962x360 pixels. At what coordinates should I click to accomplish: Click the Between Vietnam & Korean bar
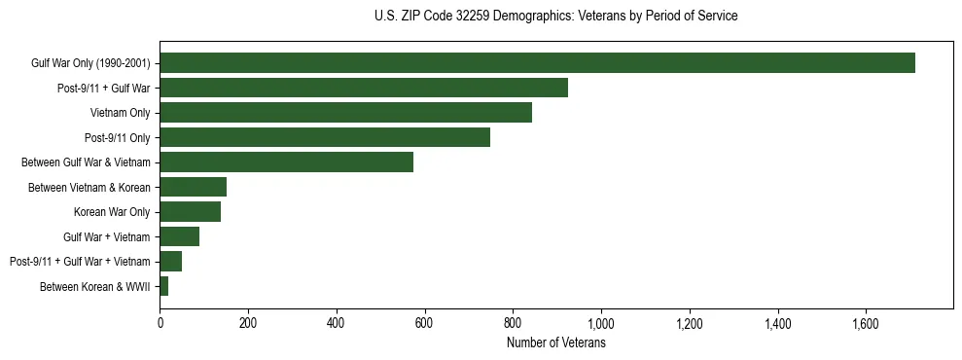coord(193,187)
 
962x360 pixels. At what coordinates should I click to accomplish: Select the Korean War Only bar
coord(190,212)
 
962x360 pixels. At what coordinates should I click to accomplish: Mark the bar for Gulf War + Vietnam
coord(179,236)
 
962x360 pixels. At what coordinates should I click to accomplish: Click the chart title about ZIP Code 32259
coord(555,16)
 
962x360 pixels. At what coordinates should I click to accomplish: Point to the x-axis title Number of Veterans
coord(555,343)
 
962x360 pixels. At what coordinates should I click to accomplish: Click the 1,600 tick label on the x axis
coord(866,323)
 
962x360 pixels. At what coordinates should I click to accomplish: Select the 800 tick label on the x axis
coord(513,323)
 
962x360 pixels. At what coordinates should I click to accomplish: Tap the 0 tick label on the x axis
coord(160,323)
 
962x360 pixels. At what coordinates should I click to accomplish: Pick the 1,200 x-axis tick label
coord(689,323)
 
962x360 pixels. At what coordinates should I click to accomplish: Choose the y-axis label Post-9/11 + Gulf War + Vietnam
coord(80,262)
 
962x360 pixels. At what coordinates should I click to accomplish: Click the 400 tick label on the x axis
coord(337,323)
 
